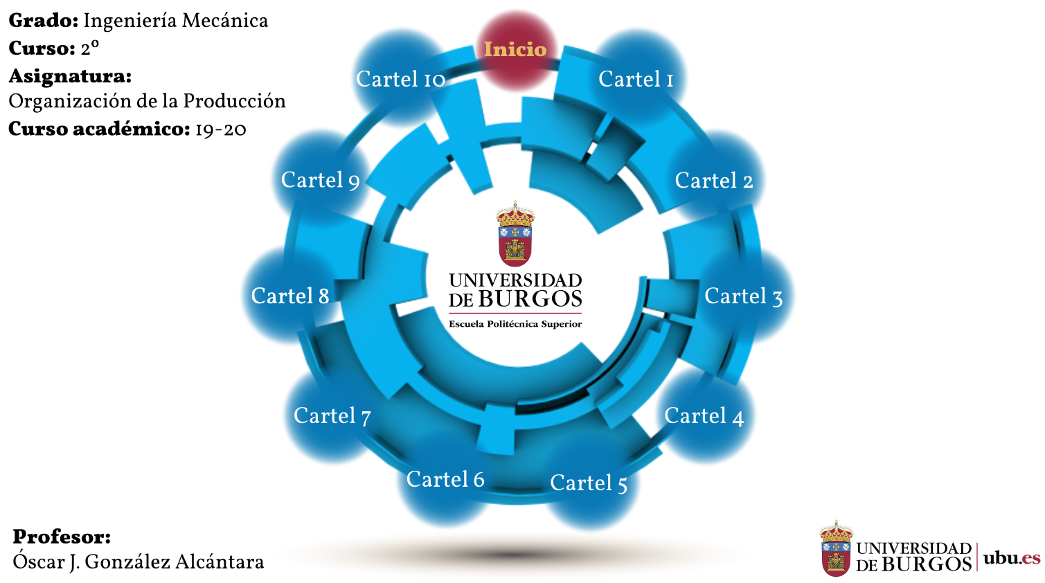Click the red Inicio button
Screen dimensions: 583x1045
click(515, 49)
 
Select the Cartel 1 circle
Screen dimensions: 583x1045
click(636, 79)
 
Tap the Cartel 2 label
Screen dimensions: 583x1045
click(713, 181)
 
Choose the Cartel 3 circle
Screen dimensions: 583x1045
click(743, 296)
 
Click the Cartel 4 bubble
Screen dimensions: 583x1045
click(704, 416)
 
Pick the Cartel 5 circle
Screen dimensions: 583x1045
click(589, 483)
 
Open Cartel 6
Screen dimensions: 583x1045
click(445, 479)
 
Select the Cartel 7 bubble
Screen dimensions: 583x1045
click(332, 416)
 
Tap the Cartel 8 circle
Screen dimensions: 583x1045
click(289, 296)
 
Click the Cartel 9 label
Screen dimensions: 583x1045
click(320, 180)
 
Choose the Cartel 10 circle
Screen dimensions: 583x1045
click(400, 79)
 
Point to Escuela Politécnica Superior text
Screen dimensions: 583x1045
click(515, 324)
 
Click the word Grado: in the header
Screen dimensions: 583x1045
click(43, 21)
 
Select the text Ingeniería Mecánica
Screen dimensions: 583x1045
click(175, 21)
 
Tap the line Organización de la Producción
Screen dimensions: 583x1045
click(147, 101)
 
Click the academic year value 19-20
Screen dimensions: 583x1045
click(221, 129)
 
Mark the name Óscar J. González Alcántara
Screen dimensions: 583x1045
click(139, 562)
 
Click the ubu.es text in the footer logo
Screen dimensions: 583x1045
click(1012, 558)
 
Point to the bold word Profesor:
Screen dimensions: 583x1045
click(62, 537)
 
